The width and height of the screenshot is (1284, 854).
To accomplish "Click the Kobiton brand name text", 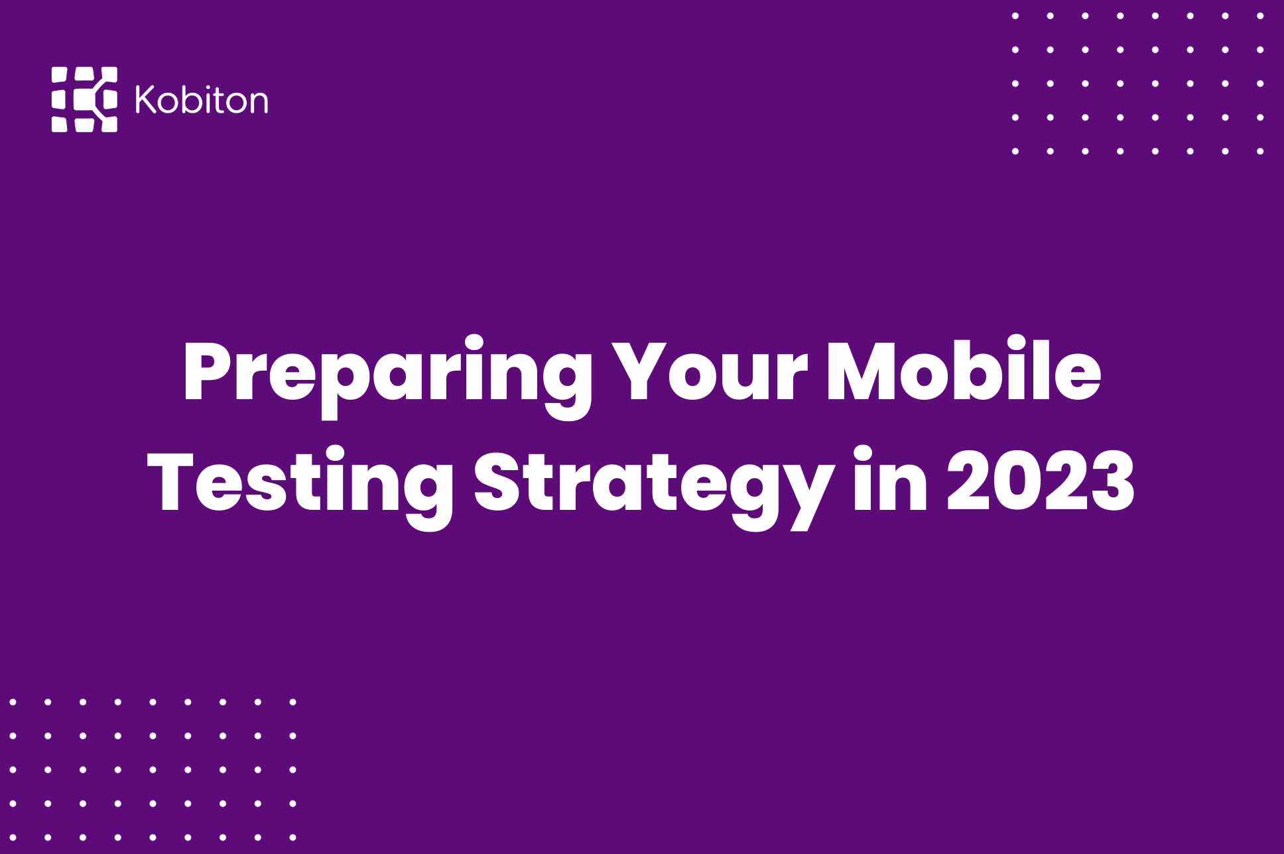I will tap(202, 100).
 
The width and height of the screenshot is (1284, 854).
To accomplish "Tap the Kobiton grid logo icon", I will tap(84, 99).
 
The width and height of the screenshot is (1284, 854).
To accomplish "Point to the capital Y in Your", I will tap(637, 373).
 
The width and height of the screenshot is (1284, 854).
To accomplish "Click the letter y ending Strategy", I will tap(810, 494).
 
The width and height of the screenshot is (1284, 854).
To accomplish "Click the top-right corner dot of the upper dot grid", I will tap(1260, 16).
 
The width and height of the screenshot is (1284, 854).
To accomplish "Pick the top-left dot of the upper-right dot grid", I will tap(1015, 16).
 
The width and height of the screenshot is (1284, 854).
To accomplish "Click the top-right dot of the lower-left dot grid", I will tap(293, 701).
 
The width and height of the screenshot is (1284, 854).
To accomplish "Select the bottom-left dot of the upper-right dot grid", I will tap(1015, 151).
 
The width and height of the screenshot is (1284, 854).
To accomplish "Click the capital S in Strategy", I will tap(497, 483).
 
